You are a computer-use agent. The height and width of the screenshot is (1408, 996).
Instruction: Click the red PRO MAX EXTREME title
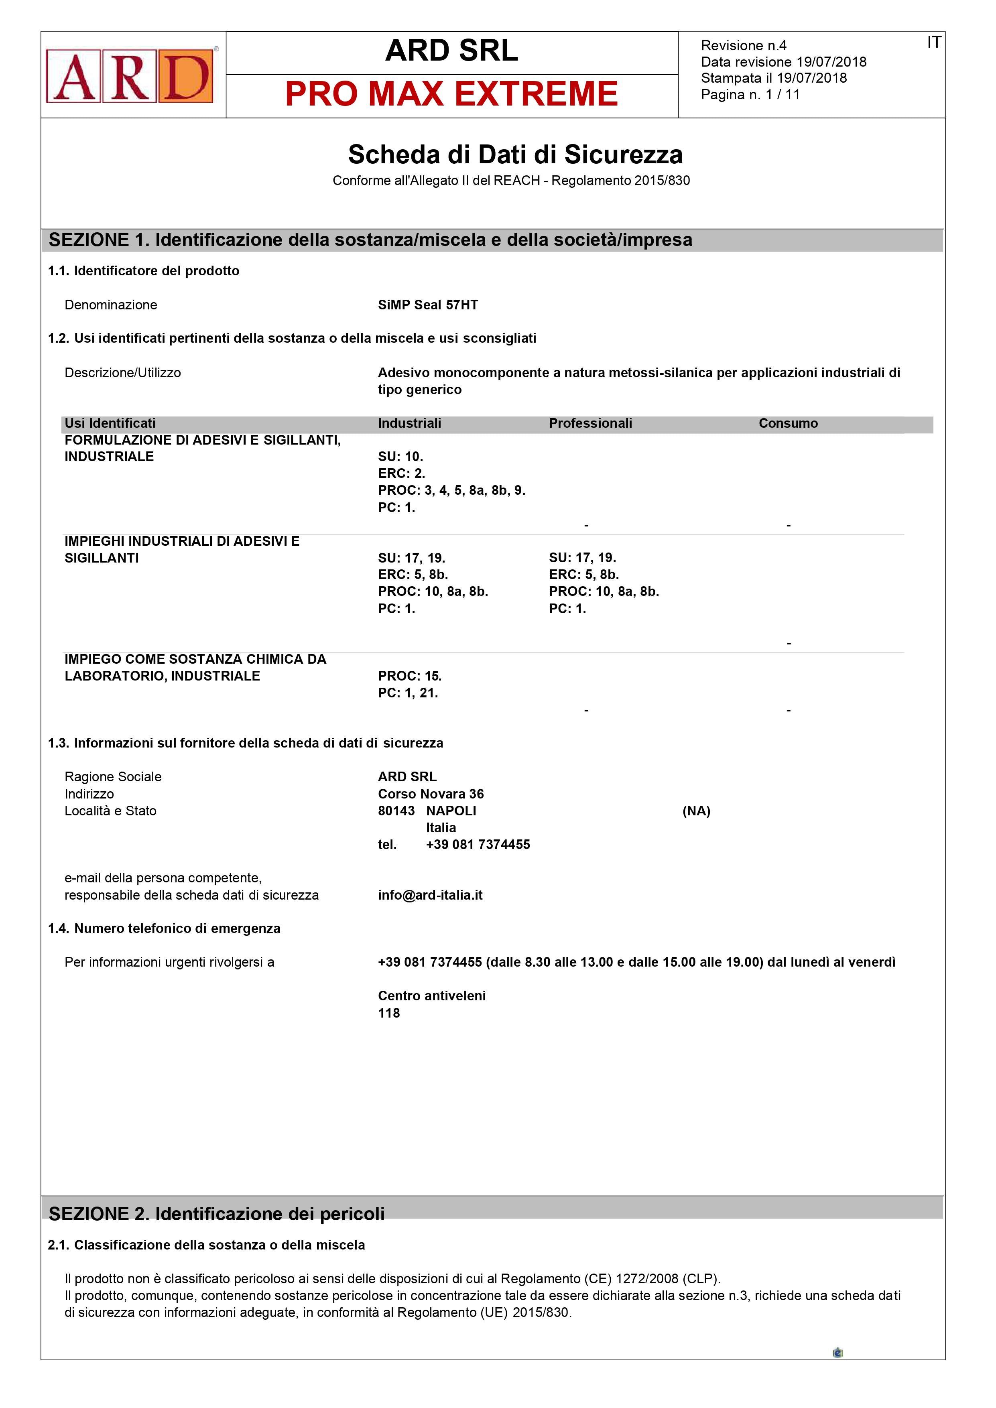451,94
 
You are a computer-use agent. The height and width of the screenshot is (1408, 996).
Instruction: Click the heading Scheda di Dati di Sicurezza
515,154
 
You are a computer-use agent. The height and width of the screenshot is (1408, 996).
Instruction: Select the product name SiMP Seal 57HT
428,305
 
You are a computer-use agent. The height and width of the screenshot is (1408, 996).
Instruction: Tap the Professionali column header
590,423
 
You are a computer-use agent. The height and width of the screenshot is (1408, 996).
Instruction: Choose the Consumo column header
788,423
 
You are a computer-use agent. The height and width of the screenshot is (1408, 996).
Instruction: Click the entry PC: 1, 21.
408,693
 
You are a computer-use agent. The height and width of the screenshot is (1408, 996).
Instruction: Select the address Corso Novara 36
431,794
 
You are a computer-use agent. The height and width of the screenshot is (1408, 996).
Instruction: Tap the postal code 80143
396,811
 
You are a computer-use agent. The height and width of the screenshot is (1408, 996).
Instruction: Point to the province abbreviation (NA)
696,811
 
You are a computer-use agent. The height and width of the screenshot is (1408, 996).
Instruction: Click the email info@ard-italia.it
430,895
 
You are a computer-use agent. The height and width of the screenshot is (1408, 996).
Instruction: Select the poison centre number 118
389,1013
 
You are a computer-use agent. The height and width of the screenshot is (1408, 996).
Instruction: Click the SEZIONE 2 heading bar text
216,1214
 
